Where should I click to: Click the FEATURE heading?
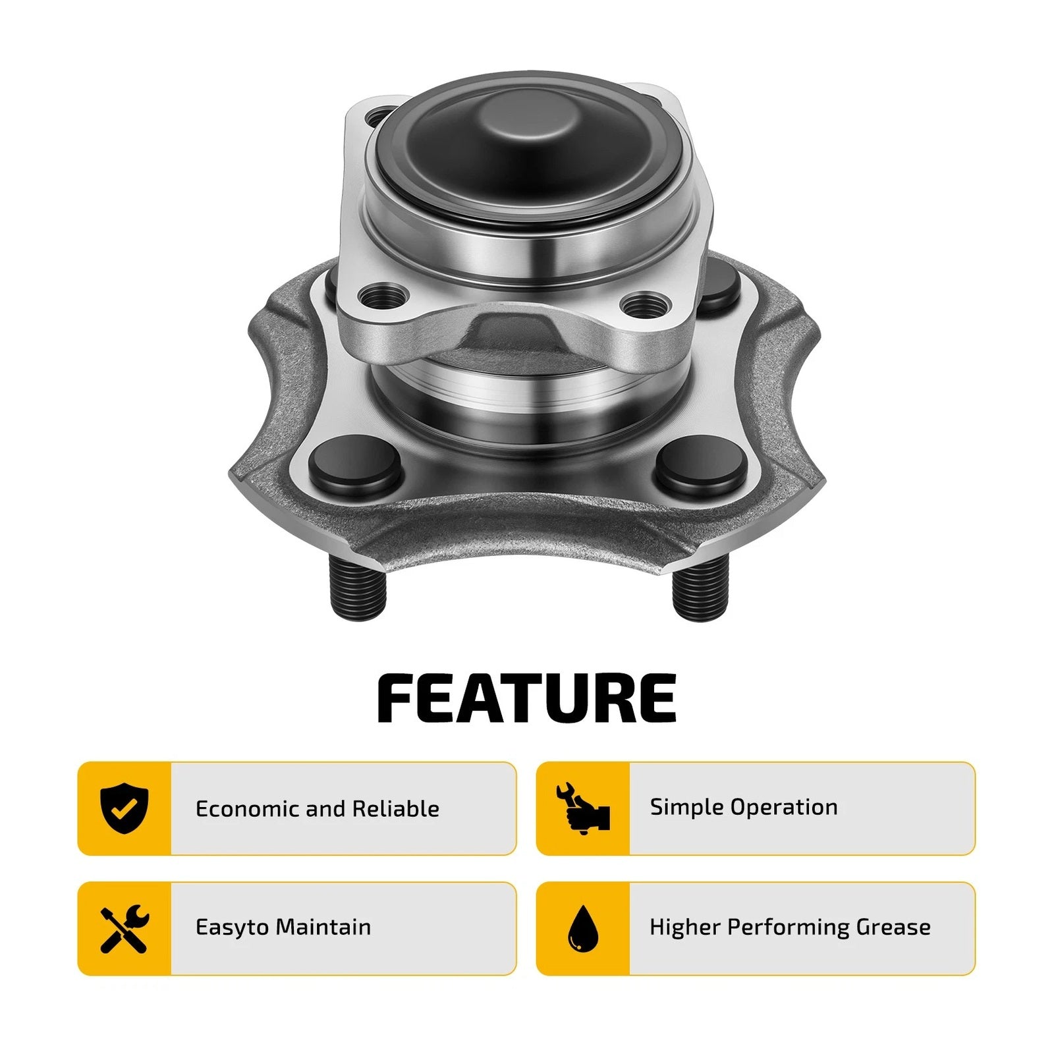(527, 699)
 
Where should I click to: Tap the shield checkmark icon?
(125, 809)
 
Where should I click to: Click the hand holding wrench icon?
(583, 809)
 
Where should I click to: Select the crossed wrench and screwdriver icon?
(125, 928)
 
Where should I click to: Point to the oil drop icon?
(583, 928)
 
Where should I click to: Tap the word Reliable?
(396, 809)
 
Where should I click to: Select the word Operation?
(781, 808)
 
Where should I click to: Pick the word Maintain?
(323, 928)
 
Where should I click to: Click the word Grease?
(893, 928)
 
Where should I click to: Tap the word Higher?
(685, 928)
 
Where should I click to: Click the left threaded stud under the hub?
(356, 588)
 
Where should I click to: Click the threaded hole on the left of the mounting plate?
(383, 297)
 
